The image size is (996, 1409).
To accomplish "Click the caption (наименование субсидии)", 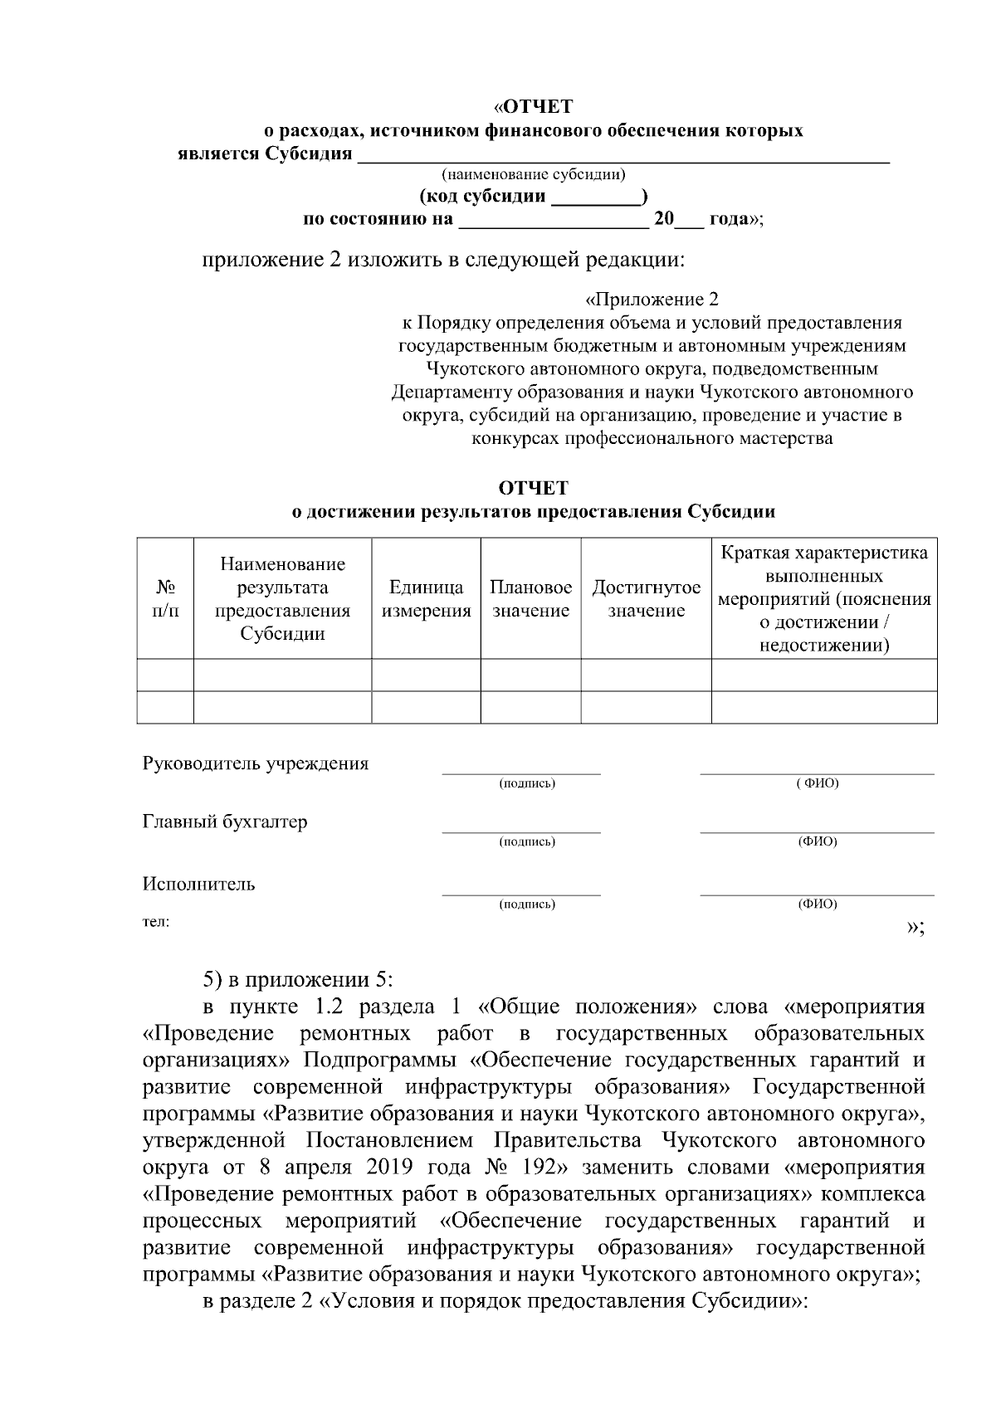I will point(533,174).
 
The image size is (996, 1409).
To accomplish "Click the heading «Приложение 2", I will point(652,300).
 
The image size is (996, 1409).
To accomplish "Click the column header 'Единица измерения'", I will point(426,598).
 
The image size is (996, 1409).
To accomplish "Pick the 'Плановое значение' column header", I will point(530,598).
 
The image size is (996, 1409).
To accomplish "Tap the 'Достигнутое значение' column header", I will point(646,598).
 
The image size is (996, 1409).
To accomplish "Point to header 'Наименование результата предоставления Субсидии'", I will point(282,598).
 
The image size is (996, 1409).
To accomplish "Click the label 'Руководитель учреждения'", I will point(256,763).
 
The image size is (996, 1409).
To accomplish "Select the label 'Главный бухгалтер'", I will point(225,822).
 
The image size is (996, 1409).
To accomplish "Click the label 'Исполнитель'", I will point(199,884).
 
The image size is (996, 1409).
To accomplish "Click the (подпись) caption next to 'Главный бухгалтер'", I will point(526,842).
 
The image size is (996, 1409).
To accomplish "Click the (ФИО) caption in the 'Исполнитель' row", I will point(817,904).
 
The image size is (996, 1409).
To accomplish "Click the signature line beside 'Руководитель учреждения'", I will point(521,773).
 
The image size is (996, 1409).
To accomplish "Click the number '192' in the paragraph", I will point(539,1168).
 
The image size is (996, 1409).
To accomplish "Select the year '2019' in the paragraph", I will point(388,1168).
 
